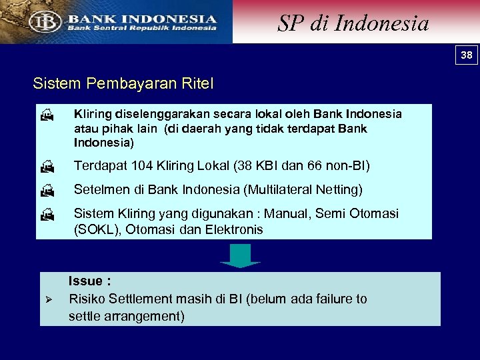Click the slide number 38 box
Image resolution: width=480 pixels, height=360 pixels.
pyautogui.click(x=467, y=55)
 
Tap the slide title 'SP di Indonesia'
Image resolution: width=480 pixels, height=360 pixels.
pyautogui.click(x=353, y=23)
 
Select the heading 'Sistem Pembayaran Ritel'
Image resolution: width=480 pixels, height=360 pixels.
pyautogui.click(x=123, y=85)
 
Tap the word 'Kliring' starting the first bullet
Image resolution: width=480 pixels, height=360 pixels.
pyautogui.click(x=92, y=114)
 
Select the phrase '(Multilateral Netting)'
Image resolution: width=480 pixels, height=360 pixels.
pyautogui.click(x=303, y=190)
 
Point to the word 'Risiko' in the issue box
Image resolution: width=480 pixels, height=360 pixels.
pyautogui.click(x=87, y=299)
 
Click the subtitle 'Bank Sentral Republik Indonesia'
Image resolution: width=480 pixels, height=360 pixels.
pyautogui.click(x=141, y=28)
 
